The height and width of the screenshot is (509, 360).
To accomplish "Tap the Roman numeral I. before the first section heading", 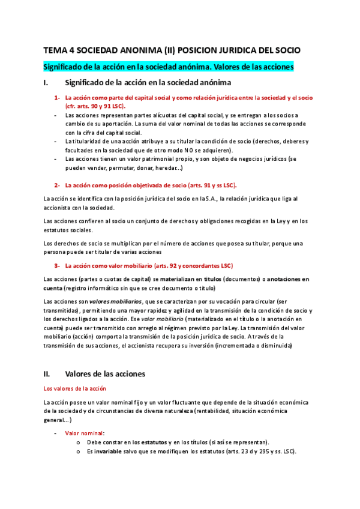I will point(47,82).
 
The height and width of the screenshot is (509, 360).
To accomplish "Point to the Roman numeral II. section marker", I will point(48,373).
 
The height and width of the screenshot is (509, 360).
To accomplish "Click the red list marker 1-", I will point(57,97).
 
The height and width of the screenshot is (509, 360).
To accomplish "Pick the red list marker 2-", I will point(57,185).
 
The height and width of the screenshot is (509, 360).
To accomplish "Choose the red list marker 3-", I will point(57,265).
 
